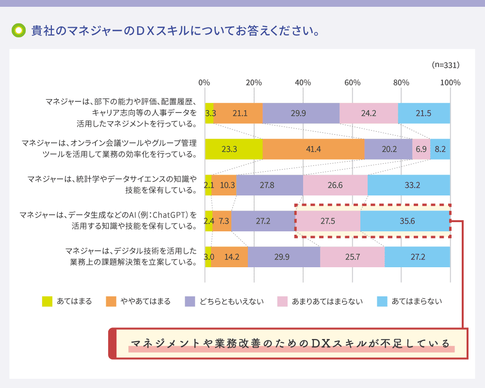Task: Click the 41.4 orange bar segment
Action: pos(313,149)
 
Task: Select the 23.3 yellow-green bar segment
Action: pos(234,149)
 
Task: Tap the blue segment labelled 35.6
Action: pos(405,221)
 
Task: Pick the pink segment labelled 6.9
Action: pos(421,149)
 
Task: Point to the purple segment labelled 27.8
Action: pos(270,185)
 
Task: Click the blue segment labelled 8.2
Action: pos(440,149)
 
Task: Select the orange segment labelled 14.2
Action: pos(229,257)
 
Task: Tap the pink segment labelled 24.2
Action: pos(369,113)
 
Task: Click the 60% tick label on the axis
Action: pos(352,82)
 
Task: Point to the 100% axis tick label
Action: pos(450,82)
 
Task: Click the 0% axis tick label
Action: pos(205,82)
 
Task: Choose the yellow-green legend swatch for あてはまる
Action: pos(48,301)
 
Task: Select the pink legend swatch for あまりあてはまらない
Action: pos(283,301)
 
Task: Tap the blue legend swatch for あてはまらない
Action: pos(383,301)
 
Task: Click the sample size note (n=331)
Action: pos(445,65)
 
